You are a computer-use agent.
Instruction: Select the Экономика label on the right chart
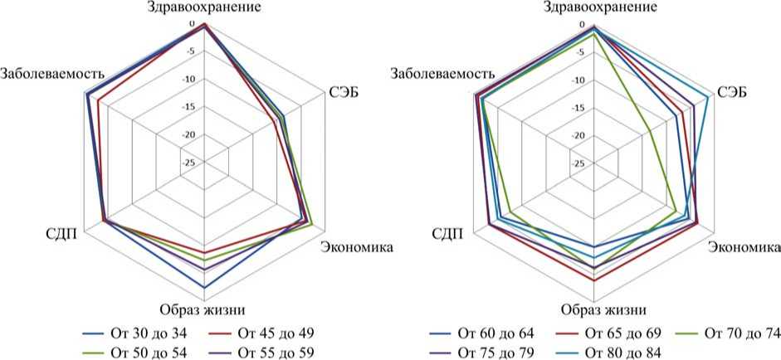click(744, 247)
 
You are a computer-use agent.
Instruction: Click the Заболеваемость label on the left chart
click(51, 73)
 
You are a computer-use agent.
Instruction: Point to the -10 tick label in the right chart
click(578, 80)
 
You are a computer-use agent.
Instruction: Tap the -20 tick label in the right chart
click(578, 136)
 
